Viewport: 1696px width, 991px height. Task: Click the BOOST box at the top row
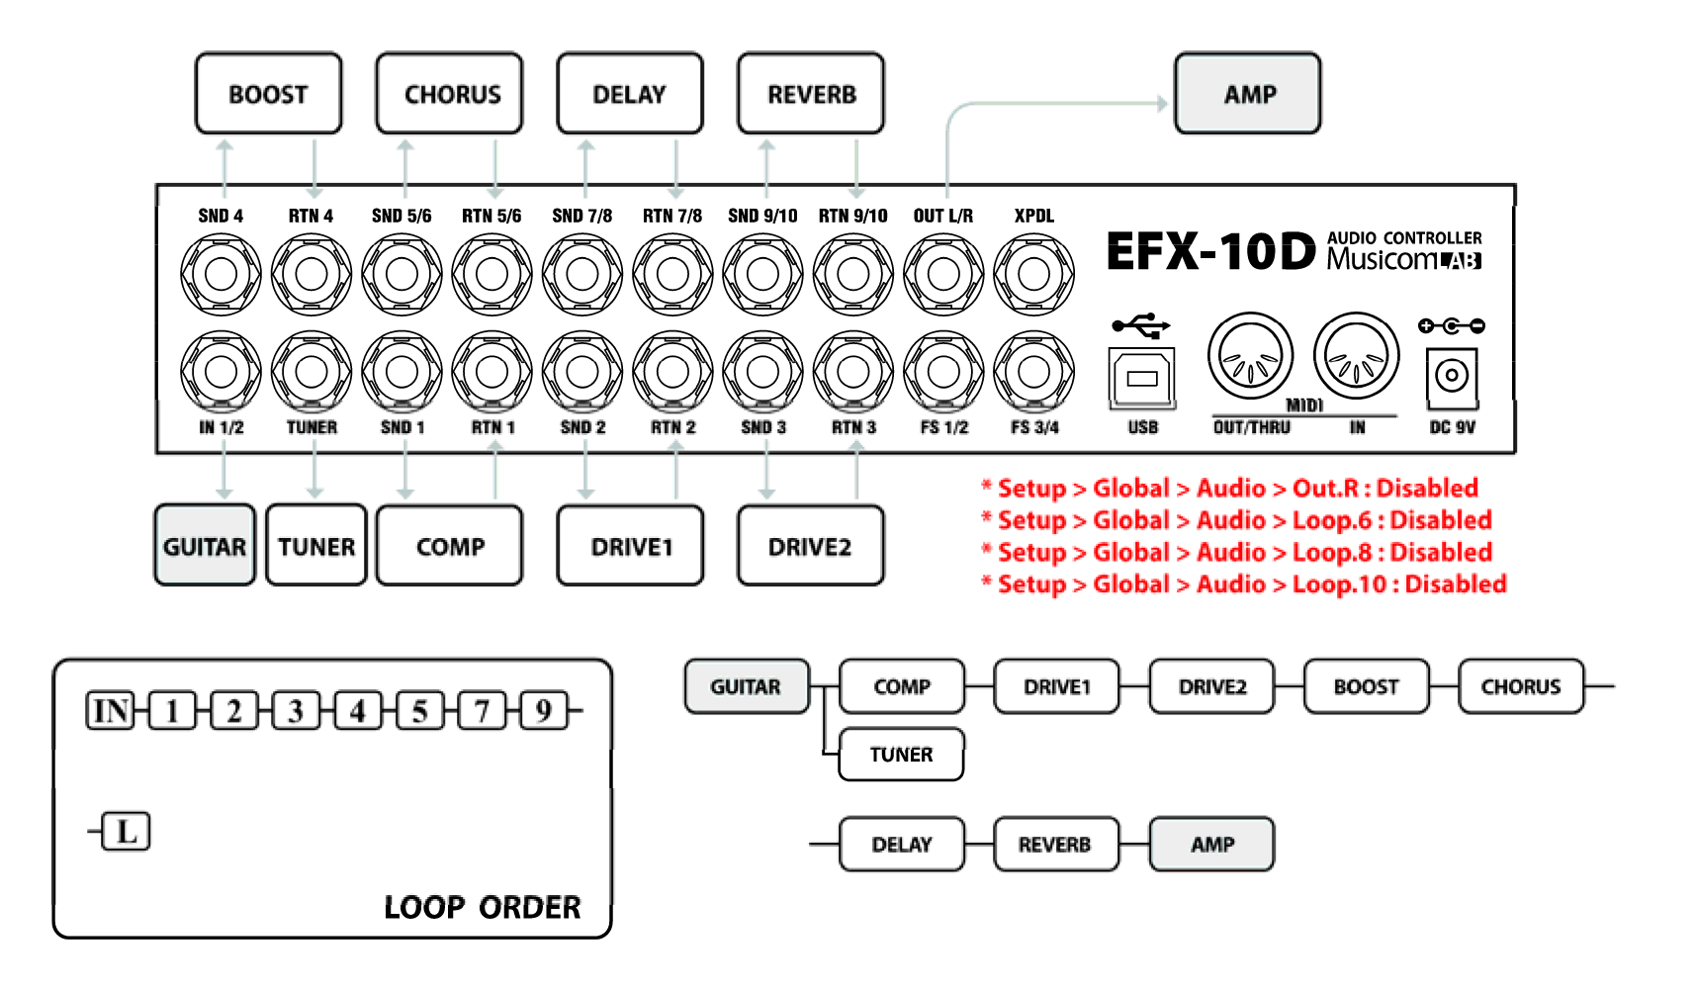pos(268,94)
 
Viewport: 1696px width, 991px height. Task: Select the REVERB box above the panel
pos(811,94)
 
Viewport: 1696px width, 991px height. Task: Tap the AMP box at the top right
pos(1248,94)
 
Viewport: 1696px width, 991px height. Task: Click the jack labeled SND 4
pos(221,274)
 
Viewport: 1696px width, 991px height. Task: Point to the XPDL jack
pos(1033,274)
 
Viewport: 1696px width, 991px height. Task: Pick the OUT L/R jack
pos(943,274)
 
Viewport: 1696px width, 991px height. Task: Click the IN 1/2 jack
pos(221,372)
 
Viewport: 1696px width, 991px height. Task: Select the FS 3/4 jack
pos(1033,372)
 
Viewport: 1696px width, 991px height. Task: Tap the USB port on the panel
pos(1142,378)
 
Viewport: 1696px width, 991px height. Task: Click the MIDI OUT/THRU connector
pos(1250,357)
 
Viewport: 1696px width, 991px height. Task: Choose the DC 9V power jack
pos(1452,377)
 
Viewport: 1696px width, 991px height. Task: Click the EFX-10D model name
pos(1210,252)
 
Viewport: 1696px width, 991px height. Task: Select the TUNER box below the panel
pos(316,546)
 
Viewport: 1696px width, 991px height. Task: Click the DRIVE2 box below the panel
pos(810,546)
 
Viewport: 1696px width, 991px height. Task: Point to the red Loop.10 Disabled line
pos(1244,585)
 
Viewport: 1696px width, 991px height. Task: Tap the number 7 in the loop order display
pos(482,711)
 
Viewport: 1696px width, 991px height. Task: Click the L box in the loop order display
pos(127,832)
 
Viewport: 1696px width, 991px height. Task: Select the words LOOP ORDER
pos(482,907)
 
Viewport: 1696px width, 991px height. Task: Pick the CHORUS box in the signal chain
pos(1520,687)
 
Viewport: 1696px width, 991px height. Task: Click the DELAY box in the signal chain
pos(901,845)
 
